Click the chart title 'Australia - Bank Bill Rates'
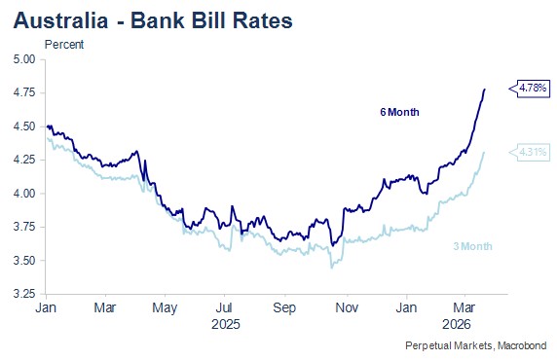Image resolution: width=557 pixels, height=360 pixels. pos(153,20)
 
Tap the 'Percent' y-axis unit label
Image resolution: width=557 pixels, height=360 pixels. pos(64,45)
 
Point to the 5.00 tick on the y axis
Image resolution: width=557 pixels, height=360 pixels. pos(24,59)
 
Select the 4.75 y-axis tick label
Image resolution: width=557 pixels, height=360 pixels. pos(24,92)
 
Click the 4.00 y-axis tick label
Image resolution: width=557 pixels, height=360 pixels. pos(24,194)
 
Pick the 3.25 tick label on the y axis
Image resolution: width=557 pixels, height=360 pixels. pos(24,294)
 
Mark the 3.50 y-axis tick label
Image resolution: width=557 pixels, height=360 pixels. pos(24,261)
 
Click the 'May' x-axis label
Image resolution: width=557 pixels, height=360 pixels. pos(165,308)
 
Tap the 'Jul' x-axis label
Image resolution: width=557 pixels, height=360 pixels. pos(225,307)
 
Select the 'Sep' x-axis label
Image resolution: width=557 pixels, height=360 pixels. pos(284,308)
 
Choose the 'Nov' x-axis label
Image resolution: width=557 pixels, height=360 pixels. pos(347,307)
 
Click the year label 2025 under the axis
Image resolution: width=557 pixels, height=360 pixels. pos(226,324)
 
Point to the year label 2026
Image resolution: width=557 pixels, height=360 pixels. pos(457,324)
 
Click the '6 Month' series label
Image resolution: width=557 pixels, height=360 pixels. pos(399,112)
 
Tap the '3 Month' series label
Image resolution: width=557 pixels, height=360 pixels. pos(473,246)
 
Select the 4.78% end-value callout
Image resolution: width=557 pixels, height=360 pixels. pos(530,88)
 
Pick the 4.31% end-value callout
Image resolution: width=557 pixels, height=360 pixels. pos(530,153)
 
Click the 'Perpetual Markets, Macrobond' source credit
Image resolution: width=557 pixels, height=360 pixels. pos(476,345)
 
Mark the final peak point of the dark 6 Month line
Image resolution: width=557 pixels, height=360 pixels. pos(485,90)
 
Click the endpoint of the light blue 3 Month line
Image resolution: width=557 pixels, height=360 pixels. pos(484,153)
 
